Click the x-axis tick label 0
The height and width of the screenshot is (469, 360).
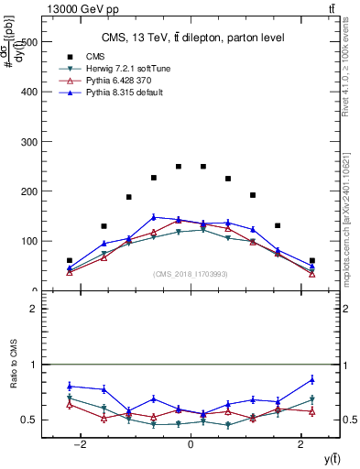(x=190, y=443)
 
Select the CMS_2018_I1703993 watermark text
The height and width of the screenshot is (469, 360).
(x=190, y=274)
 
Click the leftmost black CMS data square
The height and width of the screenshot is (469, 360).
(x=70, y=261)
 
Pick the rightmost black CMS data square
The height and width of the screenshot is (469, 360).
(x=311, y=261)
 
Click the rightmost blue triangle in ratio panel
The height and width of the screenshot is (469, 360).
(x=311, y=379)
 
